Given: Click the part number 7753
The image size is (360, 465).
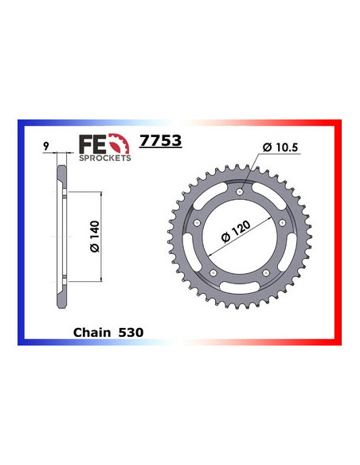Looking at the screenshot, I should (161, 141).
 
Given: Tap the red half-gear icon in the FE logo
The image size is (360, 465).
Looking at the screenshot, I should (118, 143).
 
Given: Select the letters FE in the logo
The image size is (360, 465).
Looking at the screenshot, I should (94, 143).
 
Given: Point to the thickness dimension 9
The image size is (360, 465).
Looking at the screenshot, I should (48, 147).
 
